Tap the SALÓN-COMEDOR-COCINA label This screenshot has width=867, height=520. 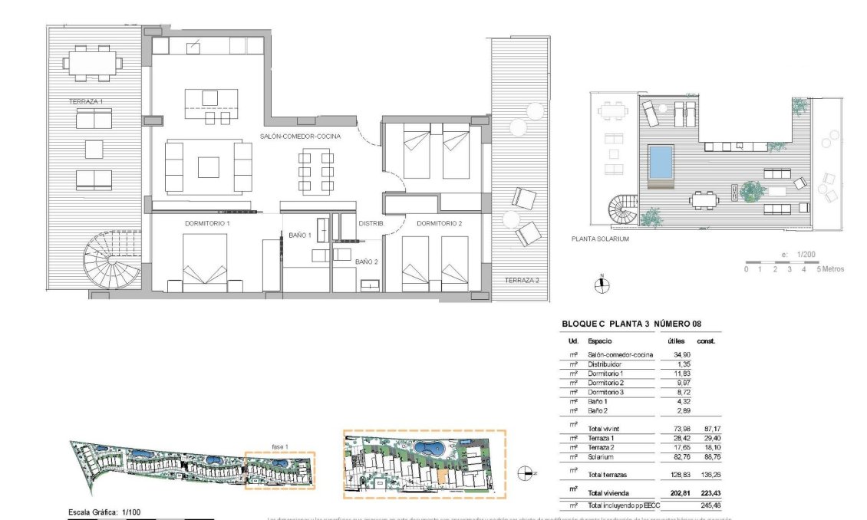click(x=300, y=136)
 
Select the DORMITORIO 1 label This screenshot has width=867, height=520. click(x=207, y=223)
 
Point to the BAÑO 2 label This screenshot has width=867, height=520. click(x=366, y=262)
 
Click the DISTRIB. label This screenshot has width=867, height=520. click(x=371, y=223)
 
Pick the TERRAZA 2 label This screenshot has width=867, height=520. click(x=521, y=281)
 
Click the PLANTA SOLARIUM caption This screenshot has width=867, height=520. click(x=600, y=239)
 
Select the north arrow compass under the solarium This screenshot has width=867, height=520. click(x=602, y=285)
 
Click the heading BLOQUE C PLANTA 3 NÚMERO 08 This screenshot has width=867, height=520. click(x=631, y=324)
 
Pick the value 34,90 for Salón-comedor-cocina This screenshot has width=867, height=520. click(x=673, y=354)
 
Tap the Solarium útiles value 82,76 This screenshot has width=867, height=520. click(x=673, y=456)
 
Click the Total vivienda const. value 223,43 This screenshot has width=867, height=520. click(x=706, y=492)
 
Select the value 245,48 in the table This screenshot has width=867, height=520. click(x=706, y=505)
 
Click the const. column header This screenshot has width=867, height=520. click(x=705, y=341)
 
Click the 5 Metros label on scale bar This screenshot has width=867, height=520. click(x=832, y=269)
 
